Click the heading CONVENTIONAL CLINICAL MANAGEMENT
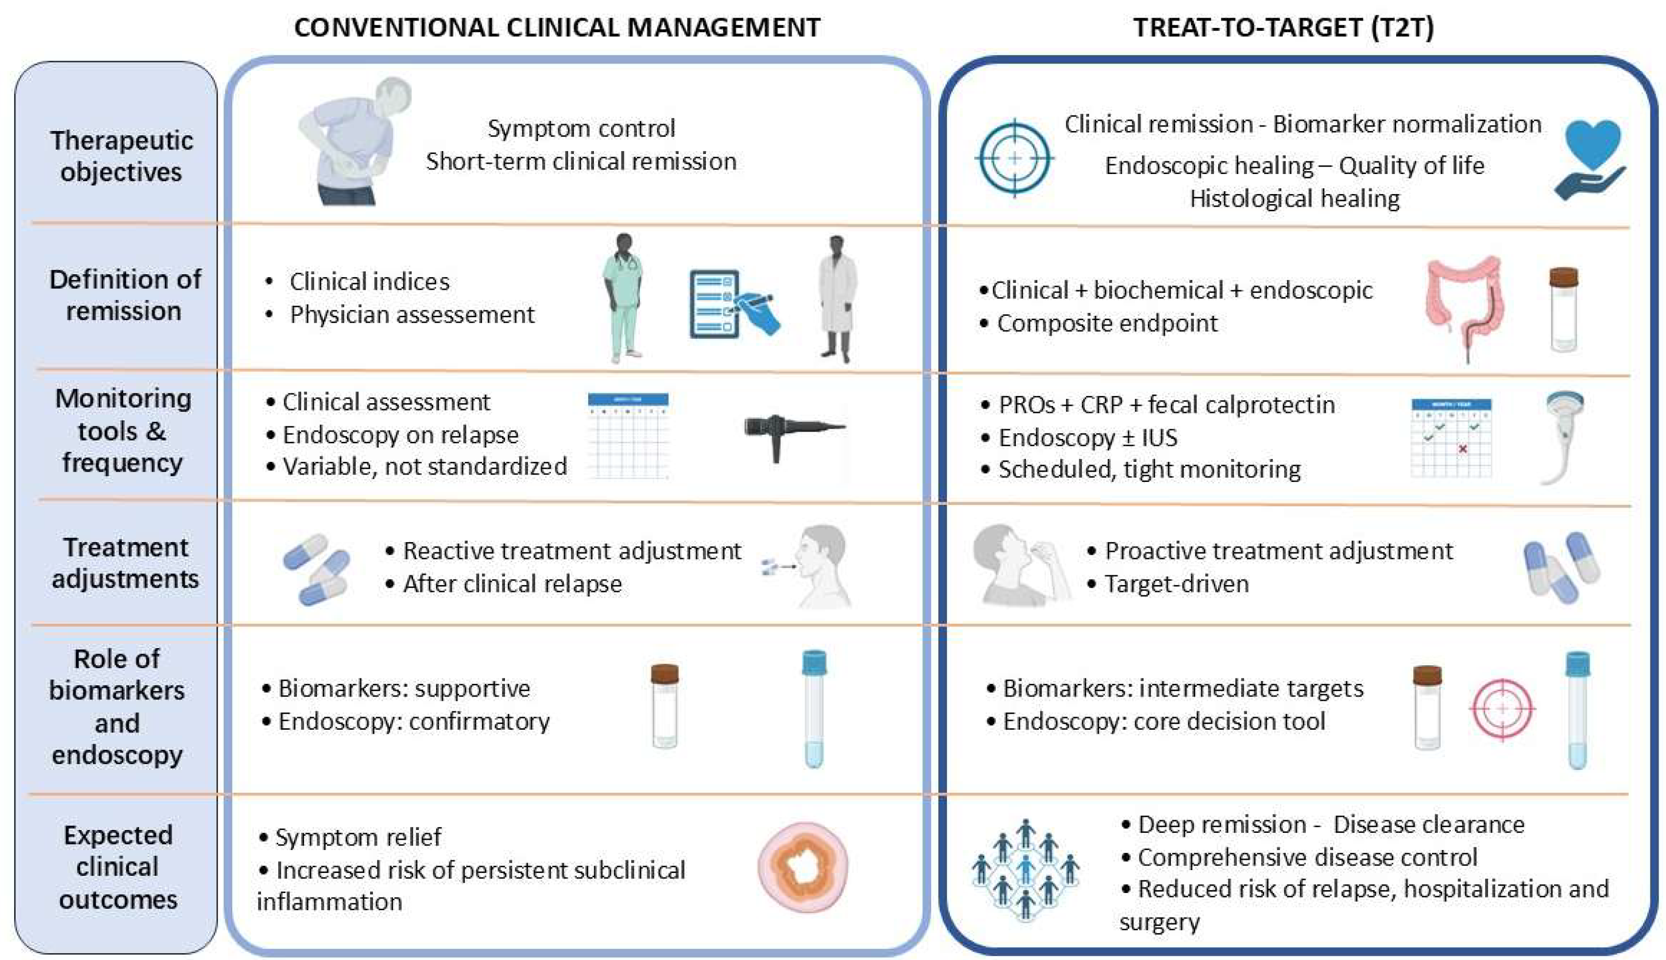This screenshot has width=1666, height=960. [557, 28]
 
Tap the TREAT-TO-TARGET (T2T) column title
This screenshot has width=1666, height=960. [1283, 28]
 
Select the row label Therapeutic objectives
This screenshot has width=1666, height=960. [121, 156]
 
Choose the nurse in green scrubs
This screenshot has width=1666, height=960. [623, 297]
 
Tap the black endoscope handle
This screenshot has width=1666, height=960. [791, 432]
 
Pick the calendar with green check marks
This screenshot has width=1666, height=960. [1450, 438]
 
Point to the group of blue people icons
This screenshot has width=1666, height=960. [1025, 869]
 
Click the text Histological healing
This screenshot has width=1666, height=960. [1294, 198]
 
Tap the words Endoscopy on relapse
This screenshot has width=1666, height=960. [400, 435]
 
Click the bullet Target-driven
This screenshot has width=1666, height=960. [1176, 584]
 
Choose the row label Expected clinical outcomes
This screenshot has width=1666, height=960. [118, 867]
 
